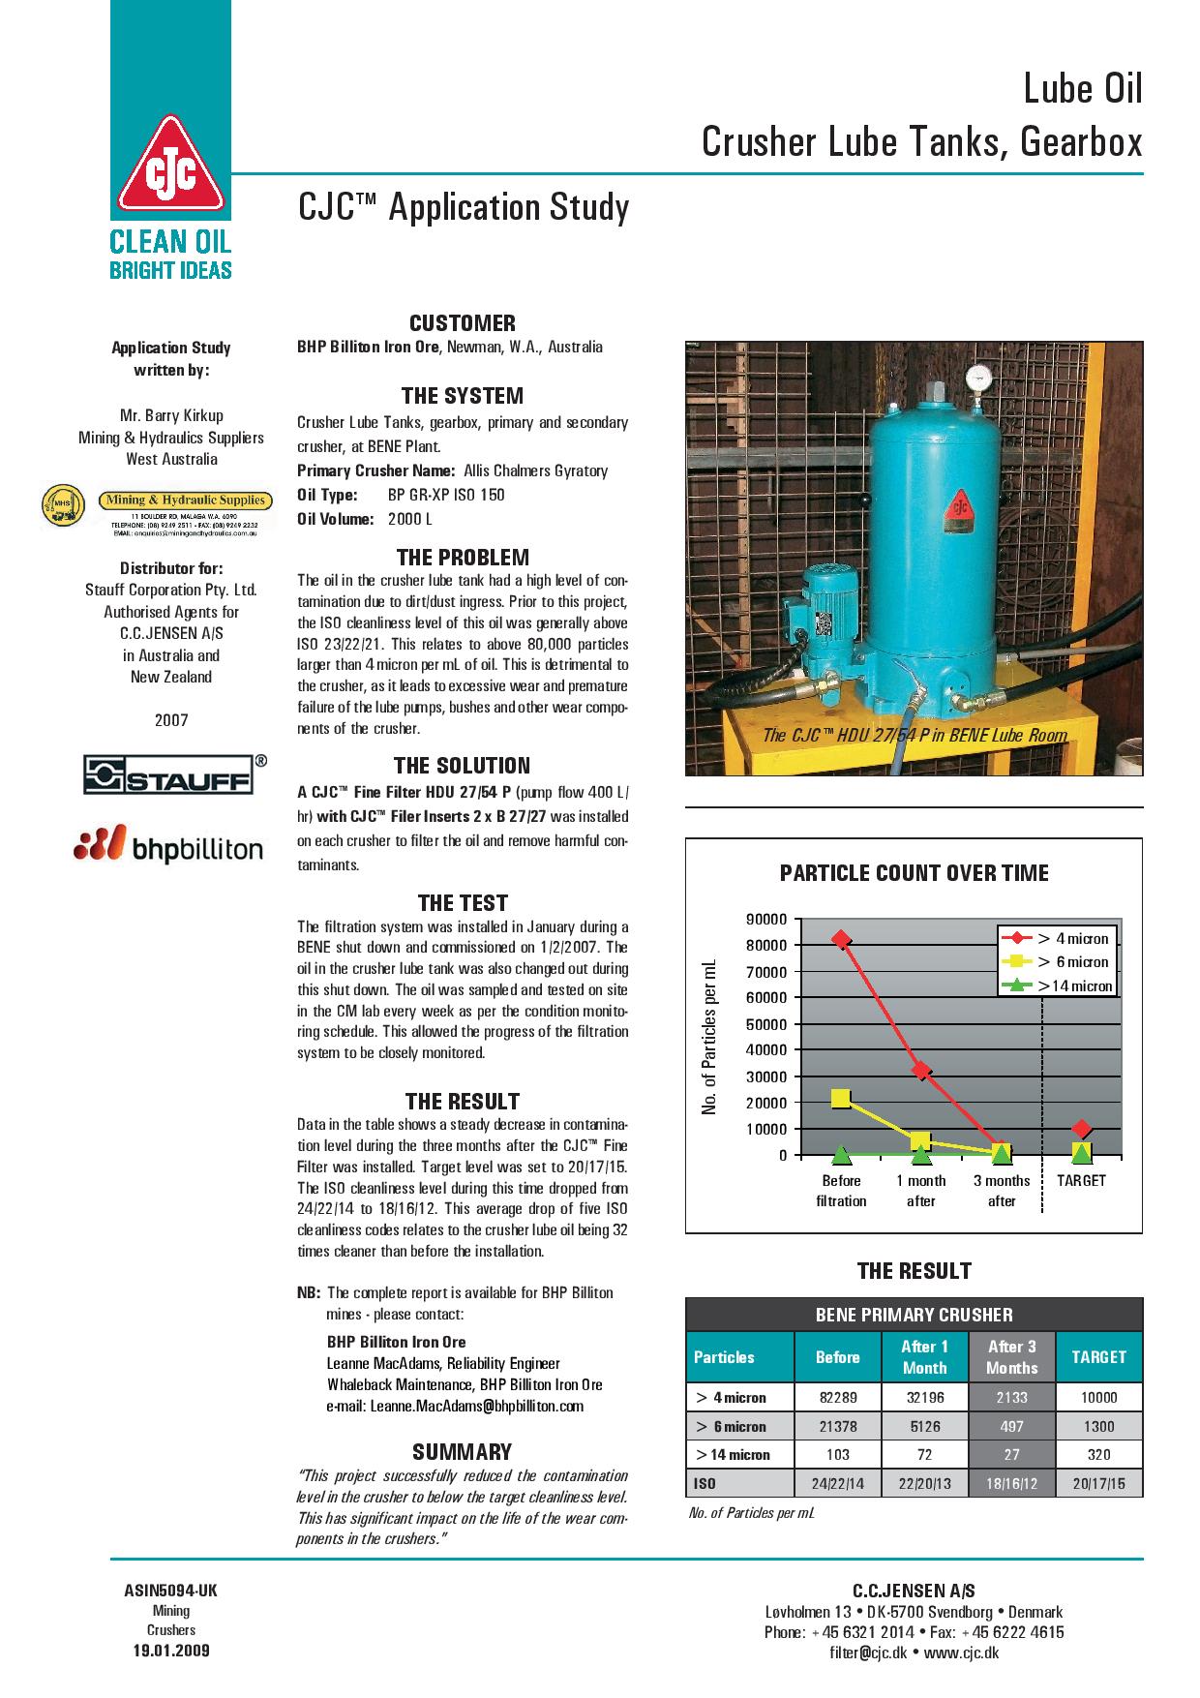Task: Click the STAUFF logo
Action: pyautogui.click(x=167, y=775)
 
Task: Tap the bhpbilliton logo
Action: pyautogui.click(x=168, y=845)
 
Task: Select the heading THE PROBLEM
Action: pyautogui.click(x=463, y=558)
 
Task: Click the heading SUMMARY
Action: pyautogui.click(x=462, y=1451)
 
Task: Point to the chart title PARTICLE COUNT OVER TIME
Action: pyautogui.click(x=914, y=873)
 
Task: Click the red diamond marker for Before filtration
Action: pyautogui.click(x=841, y=939)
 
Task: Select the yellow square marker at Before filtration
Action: pyautogui.click(x=841, y=1098)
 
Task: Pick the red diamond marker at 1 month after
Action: pyautogui.click(x=921, y=1071)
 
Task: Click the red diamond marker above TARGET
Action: pyautogui.click(x=1082, y=1129)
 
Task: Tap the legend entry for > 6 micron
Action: pyautogui.click(x=1058, y=962)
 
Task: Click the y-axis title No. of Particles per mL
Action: pyautogui.click(x=709, y=1036)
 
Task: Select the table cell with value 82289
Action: pyautogui.click(x=837, y=1397)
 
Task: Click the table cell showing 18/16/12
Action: pyautogui.click(x=1011, y=1483)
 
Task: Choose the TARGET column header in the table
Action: pyautogui.click(x=1098, y=1356)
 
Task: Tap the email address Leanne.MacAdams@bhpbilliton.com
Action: pyautogui.click(x=455, y=1406)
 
